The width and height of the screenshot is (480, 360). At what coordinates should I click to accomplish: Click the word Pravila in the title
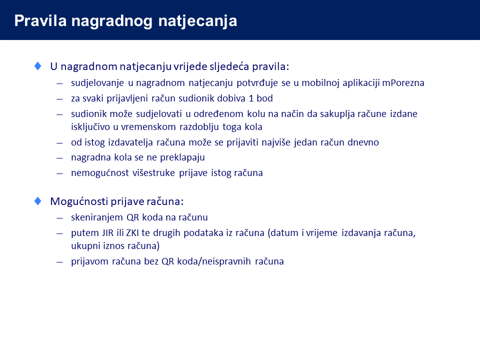click(40, 21)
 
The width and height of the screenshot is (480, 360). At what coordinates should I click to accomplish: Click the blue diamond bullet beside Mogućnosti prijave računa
click(38, 201)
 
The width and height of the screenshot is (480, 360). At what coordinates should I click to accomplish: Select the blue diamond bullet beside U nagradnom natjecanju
click(38, 66)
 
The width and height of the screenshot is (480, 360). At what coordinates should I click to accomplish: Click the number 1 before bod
click(251, 98)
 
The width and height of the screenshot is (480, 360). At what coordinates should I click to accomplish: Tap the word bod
click(265, 98)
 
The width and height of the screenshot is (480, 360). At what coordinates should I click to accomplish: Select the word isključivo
click(90, 127)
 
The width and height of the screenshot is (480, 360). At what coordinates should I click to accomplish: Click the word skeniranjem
click(97, 217)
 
